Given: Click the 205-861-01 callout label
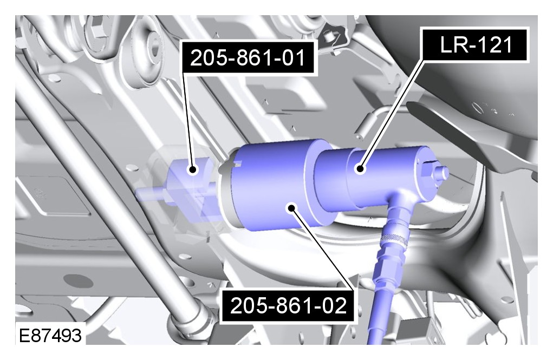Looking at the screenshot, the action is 248,57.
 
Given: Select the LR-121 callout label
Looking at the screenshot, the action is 476,45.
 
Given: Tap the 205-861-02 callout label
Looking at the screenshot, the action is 288,305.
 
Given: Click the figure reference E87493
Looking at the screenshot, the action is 50,335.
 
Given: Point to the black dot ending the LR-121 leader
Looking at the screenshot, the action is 360,168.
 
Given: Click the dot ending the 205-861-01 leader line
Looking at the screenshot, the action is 193,170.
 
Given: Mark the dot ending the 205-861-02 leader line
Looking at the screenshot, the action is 291,208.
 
